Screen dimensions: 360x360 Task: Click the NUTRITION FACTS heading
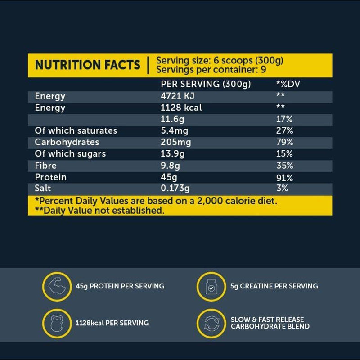coord(87,65)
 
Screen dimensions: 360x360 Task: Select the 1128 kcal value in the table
coord(181,108)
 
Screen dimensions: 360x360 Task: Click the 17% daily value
coord(284,119)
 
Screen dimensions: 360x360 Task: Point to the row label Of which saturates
coord(76,131)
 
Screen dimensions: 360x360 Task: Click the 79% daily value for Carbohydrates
coord(284,142)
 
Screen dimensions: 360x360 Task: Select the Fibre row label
coord(45,166)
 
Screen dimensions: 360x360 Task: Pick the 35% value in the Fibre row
coord(284,166)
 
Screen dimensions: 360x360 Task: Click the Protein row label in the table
coord(50,177)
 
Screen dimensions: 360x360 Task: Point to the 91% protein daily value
coord(284,177)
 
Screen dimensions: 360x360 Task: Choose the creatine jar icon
coord(210,286)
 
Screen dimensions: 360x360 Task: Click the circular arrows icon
coord(210,323)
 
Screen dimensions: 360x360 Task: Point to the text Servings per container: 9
coord(210,70)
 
